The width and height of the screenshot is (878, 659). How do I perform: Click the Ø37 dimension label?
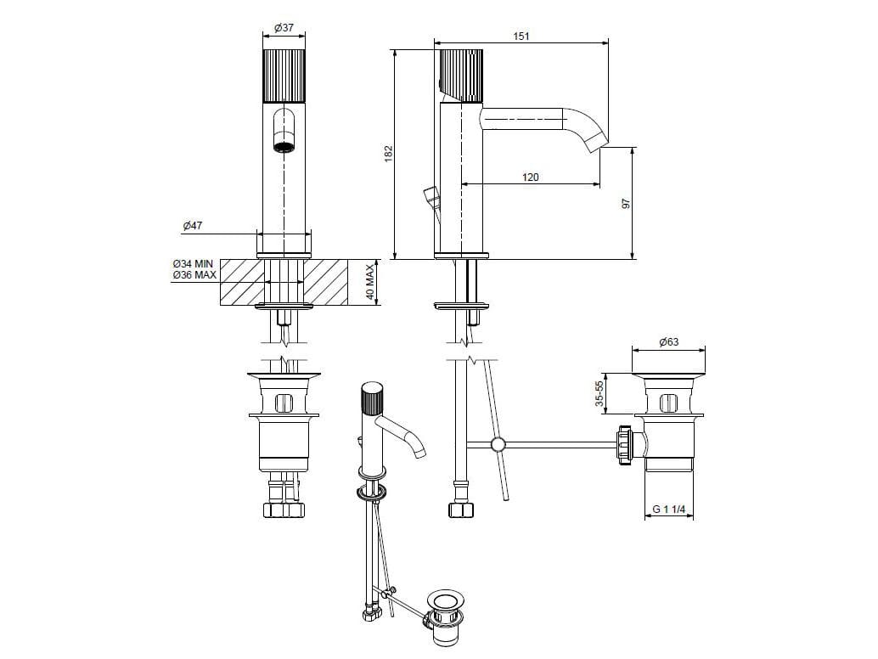(284, 28)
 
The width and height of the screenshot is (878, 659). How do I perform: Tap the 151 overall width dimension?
(521, 37)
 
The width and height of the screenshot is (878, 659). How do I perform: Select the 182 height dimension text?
(389, 154)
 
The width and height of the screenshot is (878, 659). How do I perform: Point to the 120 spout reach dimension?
(530, 177)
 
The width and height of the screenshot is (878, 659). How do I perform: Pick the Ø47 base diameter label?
(193, 226)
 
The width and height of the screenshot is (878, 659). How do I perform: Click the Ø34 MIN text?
(194, 264)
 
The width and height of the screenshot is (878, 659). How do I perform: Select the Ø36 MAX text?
(194, 275)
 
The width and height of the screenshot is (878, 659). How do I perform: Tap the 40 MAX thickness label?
(369, 284)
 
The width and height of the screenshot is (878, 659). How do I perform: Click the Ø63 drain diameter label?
(668, 341)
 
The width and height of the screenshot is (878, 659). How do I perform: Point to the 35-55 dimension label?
(599, 393)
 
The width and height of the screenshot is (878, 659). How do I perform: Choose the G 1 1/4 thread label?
(669, 510)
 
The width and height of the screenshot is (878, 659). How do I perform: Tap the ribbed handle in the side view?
(461, 76)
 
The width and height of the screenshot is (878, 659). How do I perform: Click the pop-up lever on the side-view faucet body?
(431, 196)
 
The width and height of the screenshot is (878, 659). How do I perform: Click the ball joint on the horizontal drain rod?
(498, 444)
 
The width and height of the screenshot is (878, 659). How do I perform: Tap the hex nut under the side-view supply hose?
(462, 510)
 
